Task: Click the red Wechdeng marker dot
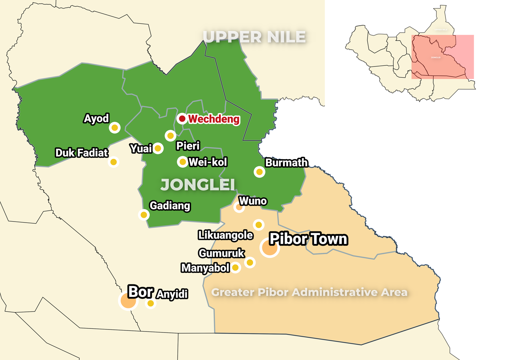[x=182, y=118]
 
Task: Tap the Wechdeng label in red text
[x=214, y=119]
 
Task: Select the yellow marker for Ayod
[x=115, y=128]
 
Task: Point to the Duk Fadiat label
[x=82, y=153]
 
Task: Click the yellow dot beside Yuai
[x=158, y=148]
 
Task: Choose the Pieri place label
[x=188, y=146]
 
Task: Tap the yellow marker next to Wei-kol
[x=183, y=162]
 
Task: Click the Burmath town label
[x=286, y=163]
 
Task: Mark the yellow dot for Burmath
[x=260, y=172]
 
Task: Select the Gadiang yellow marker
[x=144, y=215]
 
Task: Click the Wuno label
[x=253, y=201]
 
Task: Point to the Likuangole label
[x=226, y=235]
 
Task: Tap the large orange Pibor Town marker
[x=270, y=248]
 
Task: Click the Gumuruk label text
[x=222, y=253]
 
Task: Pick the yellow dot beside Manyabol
[x=235, y=267]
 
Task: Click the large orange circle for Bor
[x=128, y=301]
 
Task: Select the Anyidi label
[x=172, y=294]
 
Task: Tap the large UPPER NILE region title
[x=254, y=37]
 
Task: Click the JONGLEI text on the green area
[x=198, y=185]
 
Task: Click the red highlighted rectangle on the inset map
[x=442, y=57]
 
